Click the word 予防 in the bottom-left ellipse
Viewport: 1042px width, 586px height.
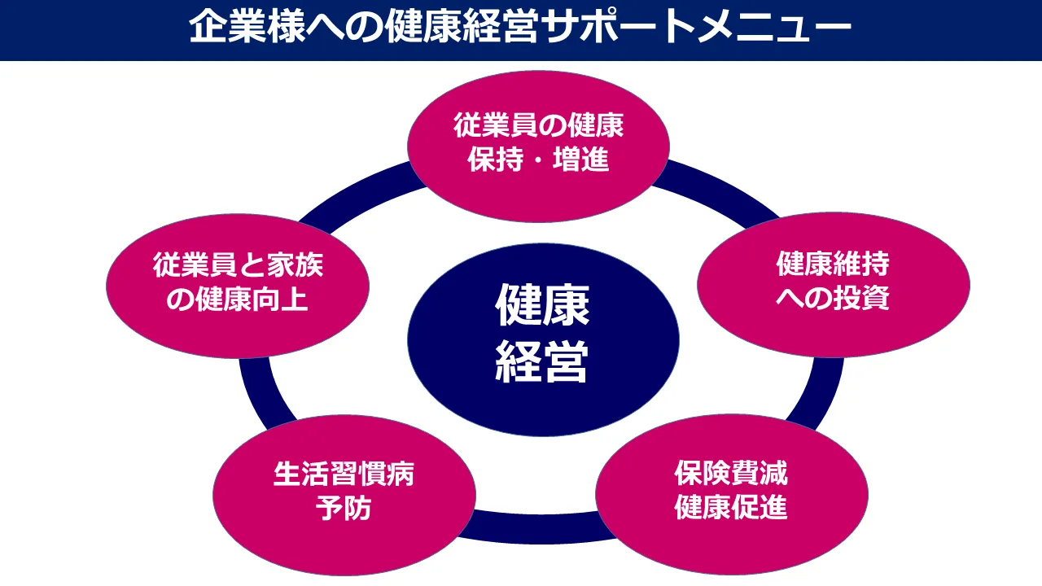344,508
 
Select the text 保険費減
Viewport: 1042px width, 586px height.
730,473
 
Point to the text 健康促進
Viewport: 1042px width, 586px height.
730,507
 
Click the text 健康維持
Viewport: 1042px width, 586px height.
833,265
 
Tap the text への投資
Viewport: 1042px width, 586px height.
833,299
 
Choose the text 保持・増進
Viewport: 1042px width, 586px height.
538,160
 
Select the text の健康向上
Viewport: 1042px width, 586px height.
237,300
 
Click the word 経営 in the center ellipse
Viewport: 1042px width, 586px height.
543,364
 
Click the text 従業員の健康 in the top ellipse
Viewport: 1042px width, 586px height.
538,126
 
